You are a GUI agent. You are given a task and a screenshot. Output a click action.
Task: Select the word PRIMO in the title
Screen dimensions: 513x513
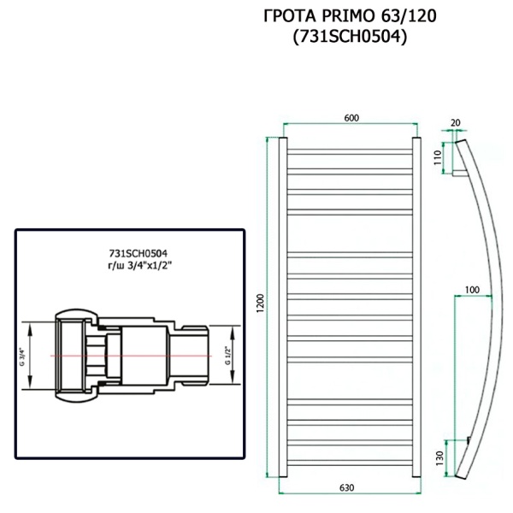tap(342, 16)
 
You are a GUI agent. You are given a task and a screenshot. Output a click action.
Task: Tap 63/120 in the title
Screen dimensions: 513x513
tap(398, 16)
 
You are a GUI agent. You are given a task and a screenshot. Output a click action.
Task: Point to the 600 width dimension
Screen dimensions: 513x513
tap(351, 119)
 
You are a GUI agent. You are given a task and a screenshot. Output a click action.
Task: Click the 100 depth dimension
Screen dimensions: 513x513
tap(471, 291)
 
